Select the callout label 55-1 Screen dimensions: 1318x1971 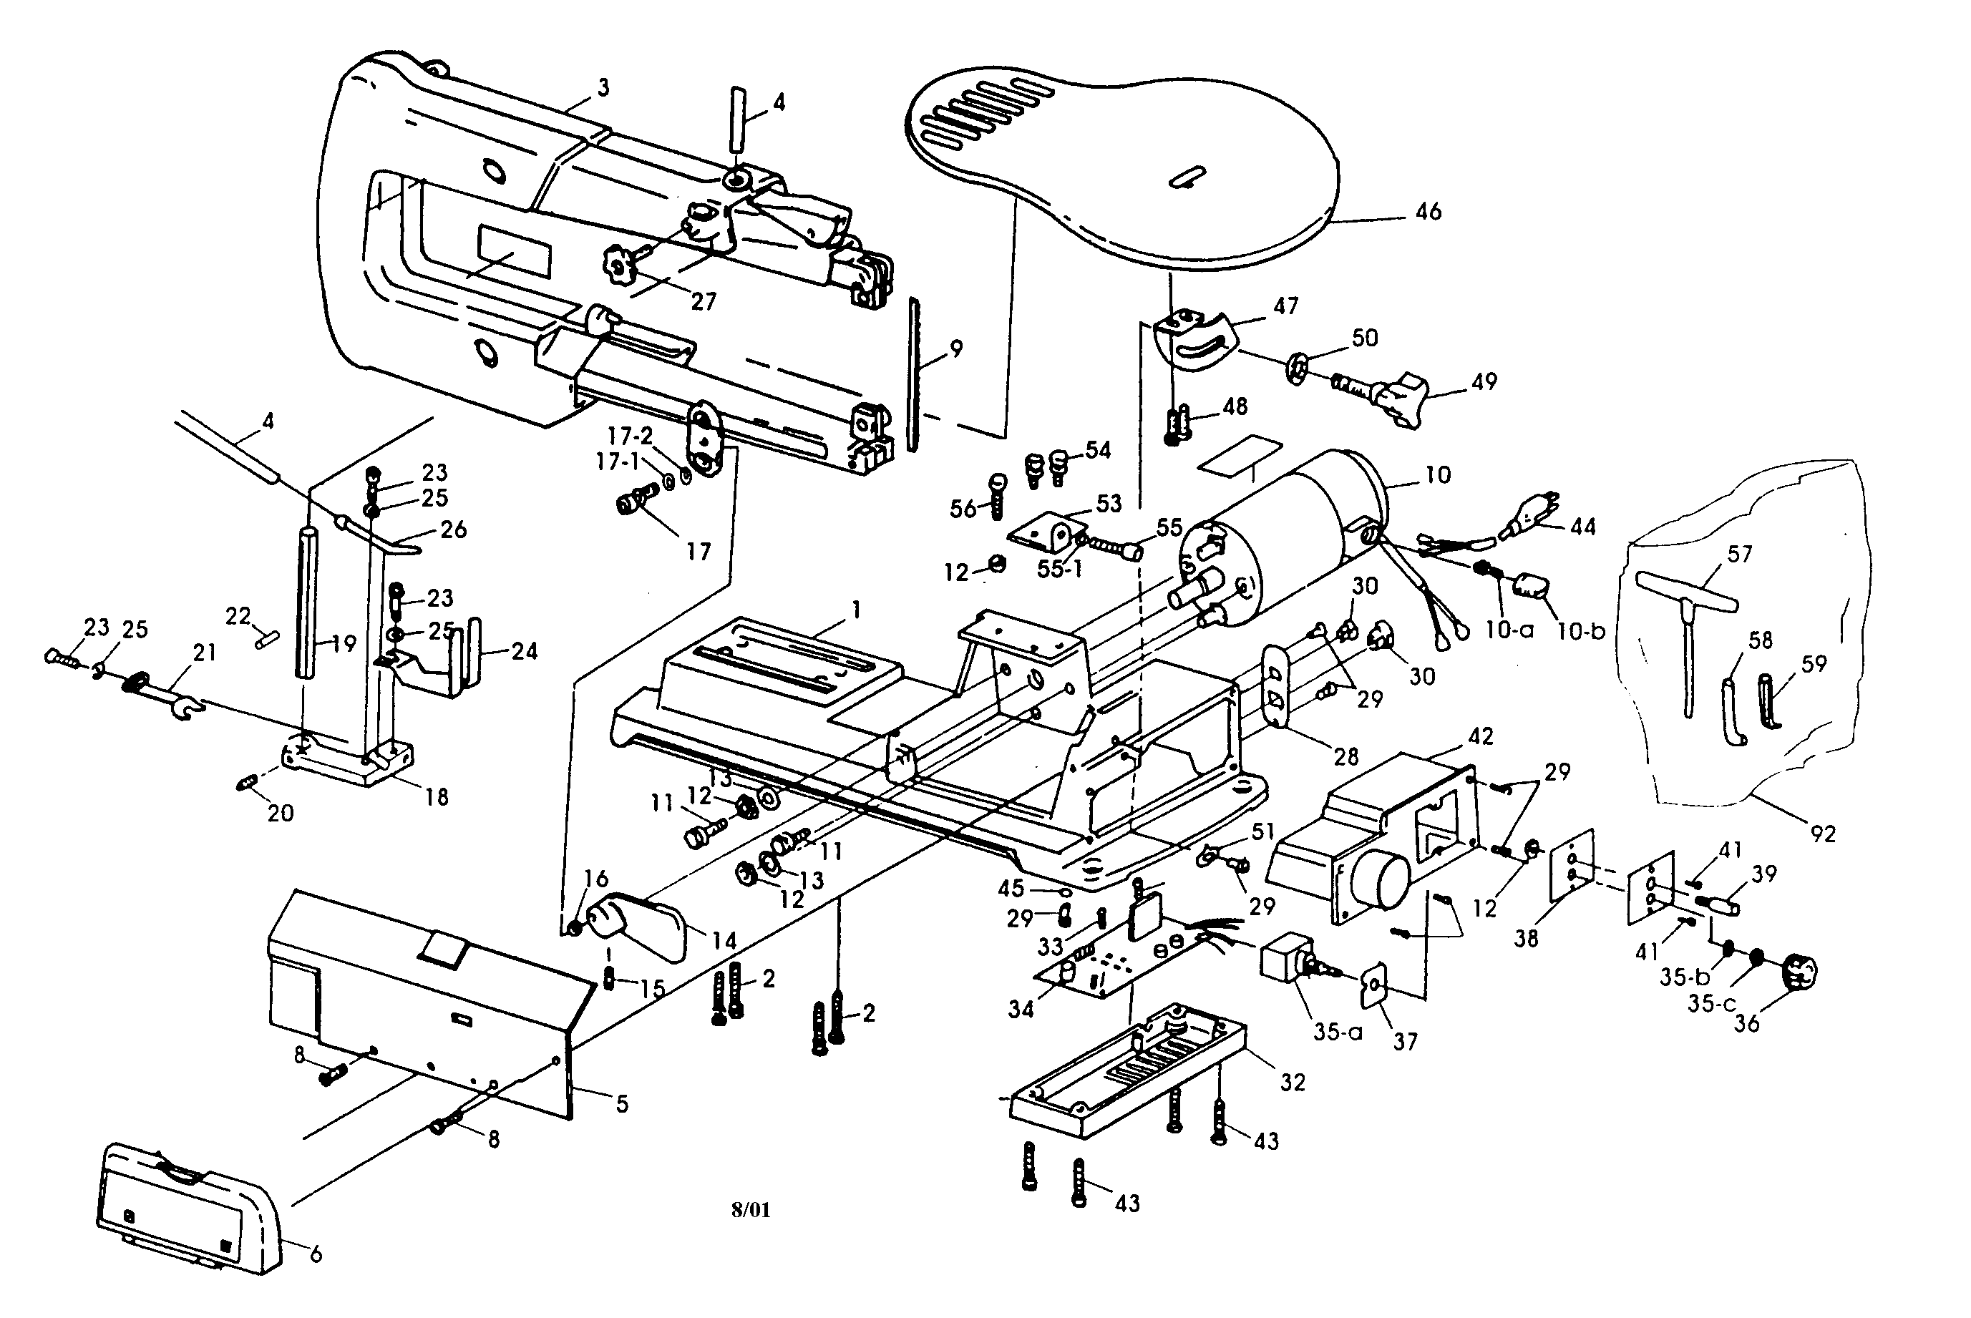(1059, 569)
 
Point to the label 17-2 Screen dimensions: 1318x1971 (630, 436)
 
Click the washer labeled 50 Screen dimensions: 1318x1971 (1298, 367)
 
